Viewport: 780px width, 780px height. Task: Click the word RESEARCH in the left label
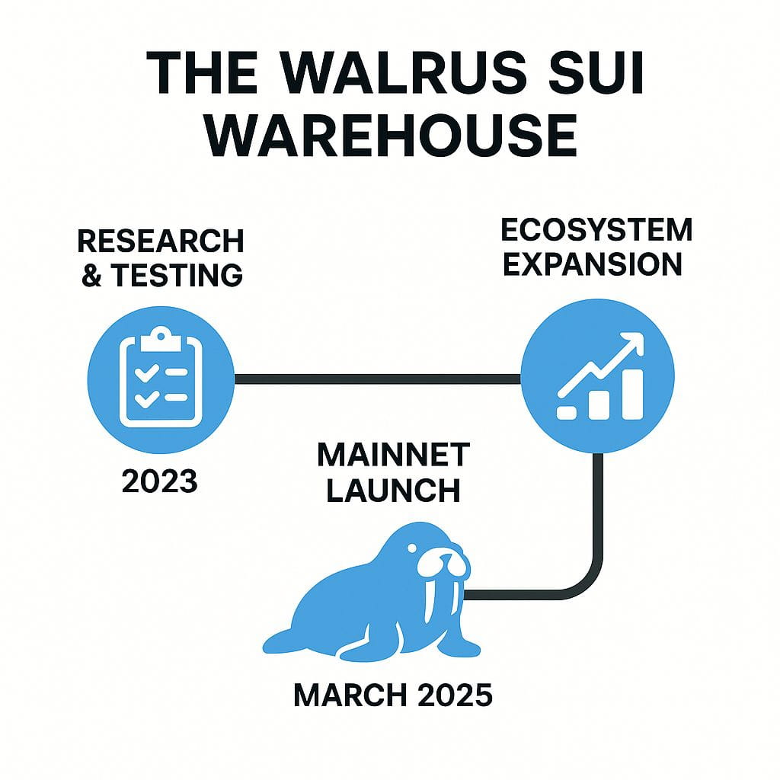coord(161,241)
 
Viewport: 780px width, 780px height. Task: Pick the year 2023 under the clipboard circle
coord(160,481)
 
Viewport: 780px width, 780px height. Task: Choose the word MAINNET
coord(393,456)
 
